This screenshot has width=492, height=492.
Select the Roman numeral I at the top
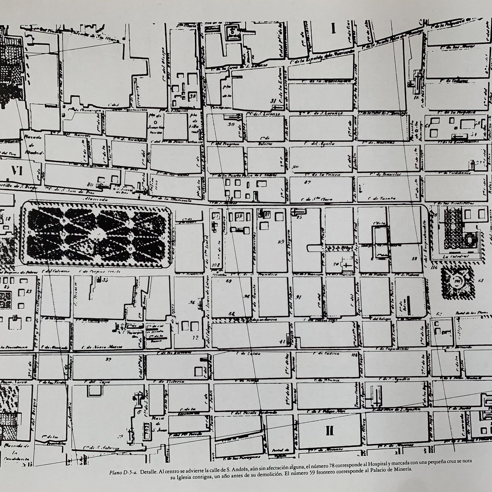(x=333, y=29)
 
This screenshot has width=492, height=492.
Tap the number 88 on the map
(x=414, y=259)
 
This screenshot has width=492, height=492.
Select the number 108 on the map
(x=216, y=266)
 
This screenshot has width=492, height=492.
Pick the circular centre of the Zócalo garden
(x=458, y=281)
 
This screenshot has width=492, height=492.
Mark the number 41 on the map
(x=282, y=341)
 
